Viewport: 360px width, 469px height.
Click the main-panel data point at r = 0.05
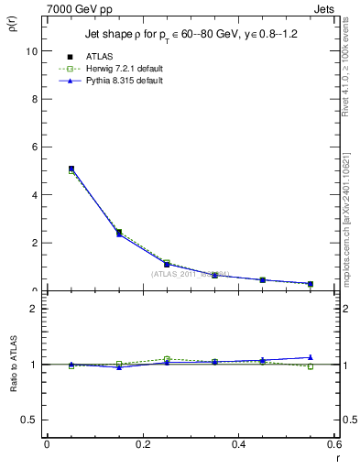(x=71, y=169)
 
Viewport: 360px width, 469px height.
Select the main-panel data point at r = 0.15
(x=119, y=233)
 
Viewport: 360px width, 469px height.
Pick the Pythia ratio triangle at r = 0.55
(x=311, y=357)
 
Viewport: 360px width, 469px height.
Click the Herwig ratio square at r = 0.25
(x=167, y=359)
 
